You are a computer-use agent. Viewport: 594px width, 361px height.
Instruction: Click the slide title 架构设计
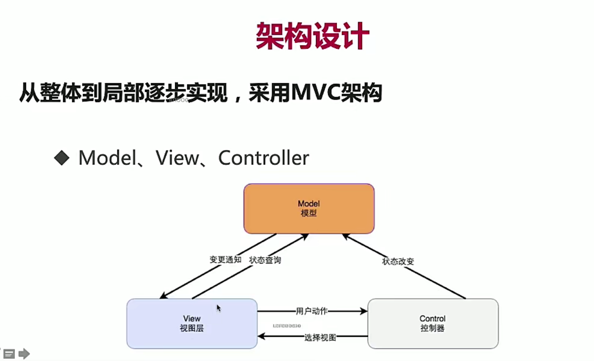[x=312, y=36]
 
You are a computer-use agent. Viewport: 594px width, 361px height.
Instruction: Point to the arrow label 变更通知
[x=225, y=260]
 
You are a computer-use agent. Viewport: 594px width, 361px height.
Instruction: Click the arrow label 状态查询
[x=265, y=260]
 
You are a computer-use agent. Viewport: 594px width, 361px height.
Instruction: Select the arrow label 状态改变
[x=398, y=262]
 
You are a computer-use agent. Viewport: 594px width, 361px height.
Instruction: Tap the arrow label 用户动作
[x=311, y=311]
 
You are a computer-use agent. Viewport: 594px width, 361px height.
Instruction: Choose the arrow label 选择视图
[x=320, y=338]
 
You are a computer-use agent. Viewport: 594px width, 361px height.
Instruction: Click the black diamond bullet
[x=62, y=158]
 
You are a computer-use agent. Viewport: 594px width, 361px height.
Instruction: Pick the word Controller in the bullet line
[x=263, y=158]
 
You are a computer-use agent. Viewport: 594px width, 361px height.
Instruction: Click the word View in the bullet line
[x=177, y=158]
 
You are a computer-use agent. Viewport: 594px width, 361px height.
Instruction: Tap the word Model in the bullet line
[x=107, y=158]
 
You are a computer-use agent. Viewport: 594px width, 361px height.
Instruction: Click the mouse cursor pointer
[x=219, y=308]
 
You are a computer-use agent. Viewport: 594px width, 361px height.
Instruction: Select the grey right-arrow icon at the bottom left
[x=24, y=354]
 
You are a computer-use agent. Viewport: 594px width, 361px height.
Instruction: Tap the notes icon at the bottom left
[x=9, y=354]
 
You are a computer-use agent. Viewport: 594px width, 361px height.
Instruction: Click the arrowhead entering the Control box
[x=364, y=311]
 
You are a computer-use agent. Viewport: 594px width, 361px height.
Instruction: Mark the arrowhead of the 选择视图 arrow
[x=261, y=336]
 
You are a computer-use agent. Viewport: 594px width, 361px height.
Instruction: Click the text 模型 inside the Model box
[x=309, y=213]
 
